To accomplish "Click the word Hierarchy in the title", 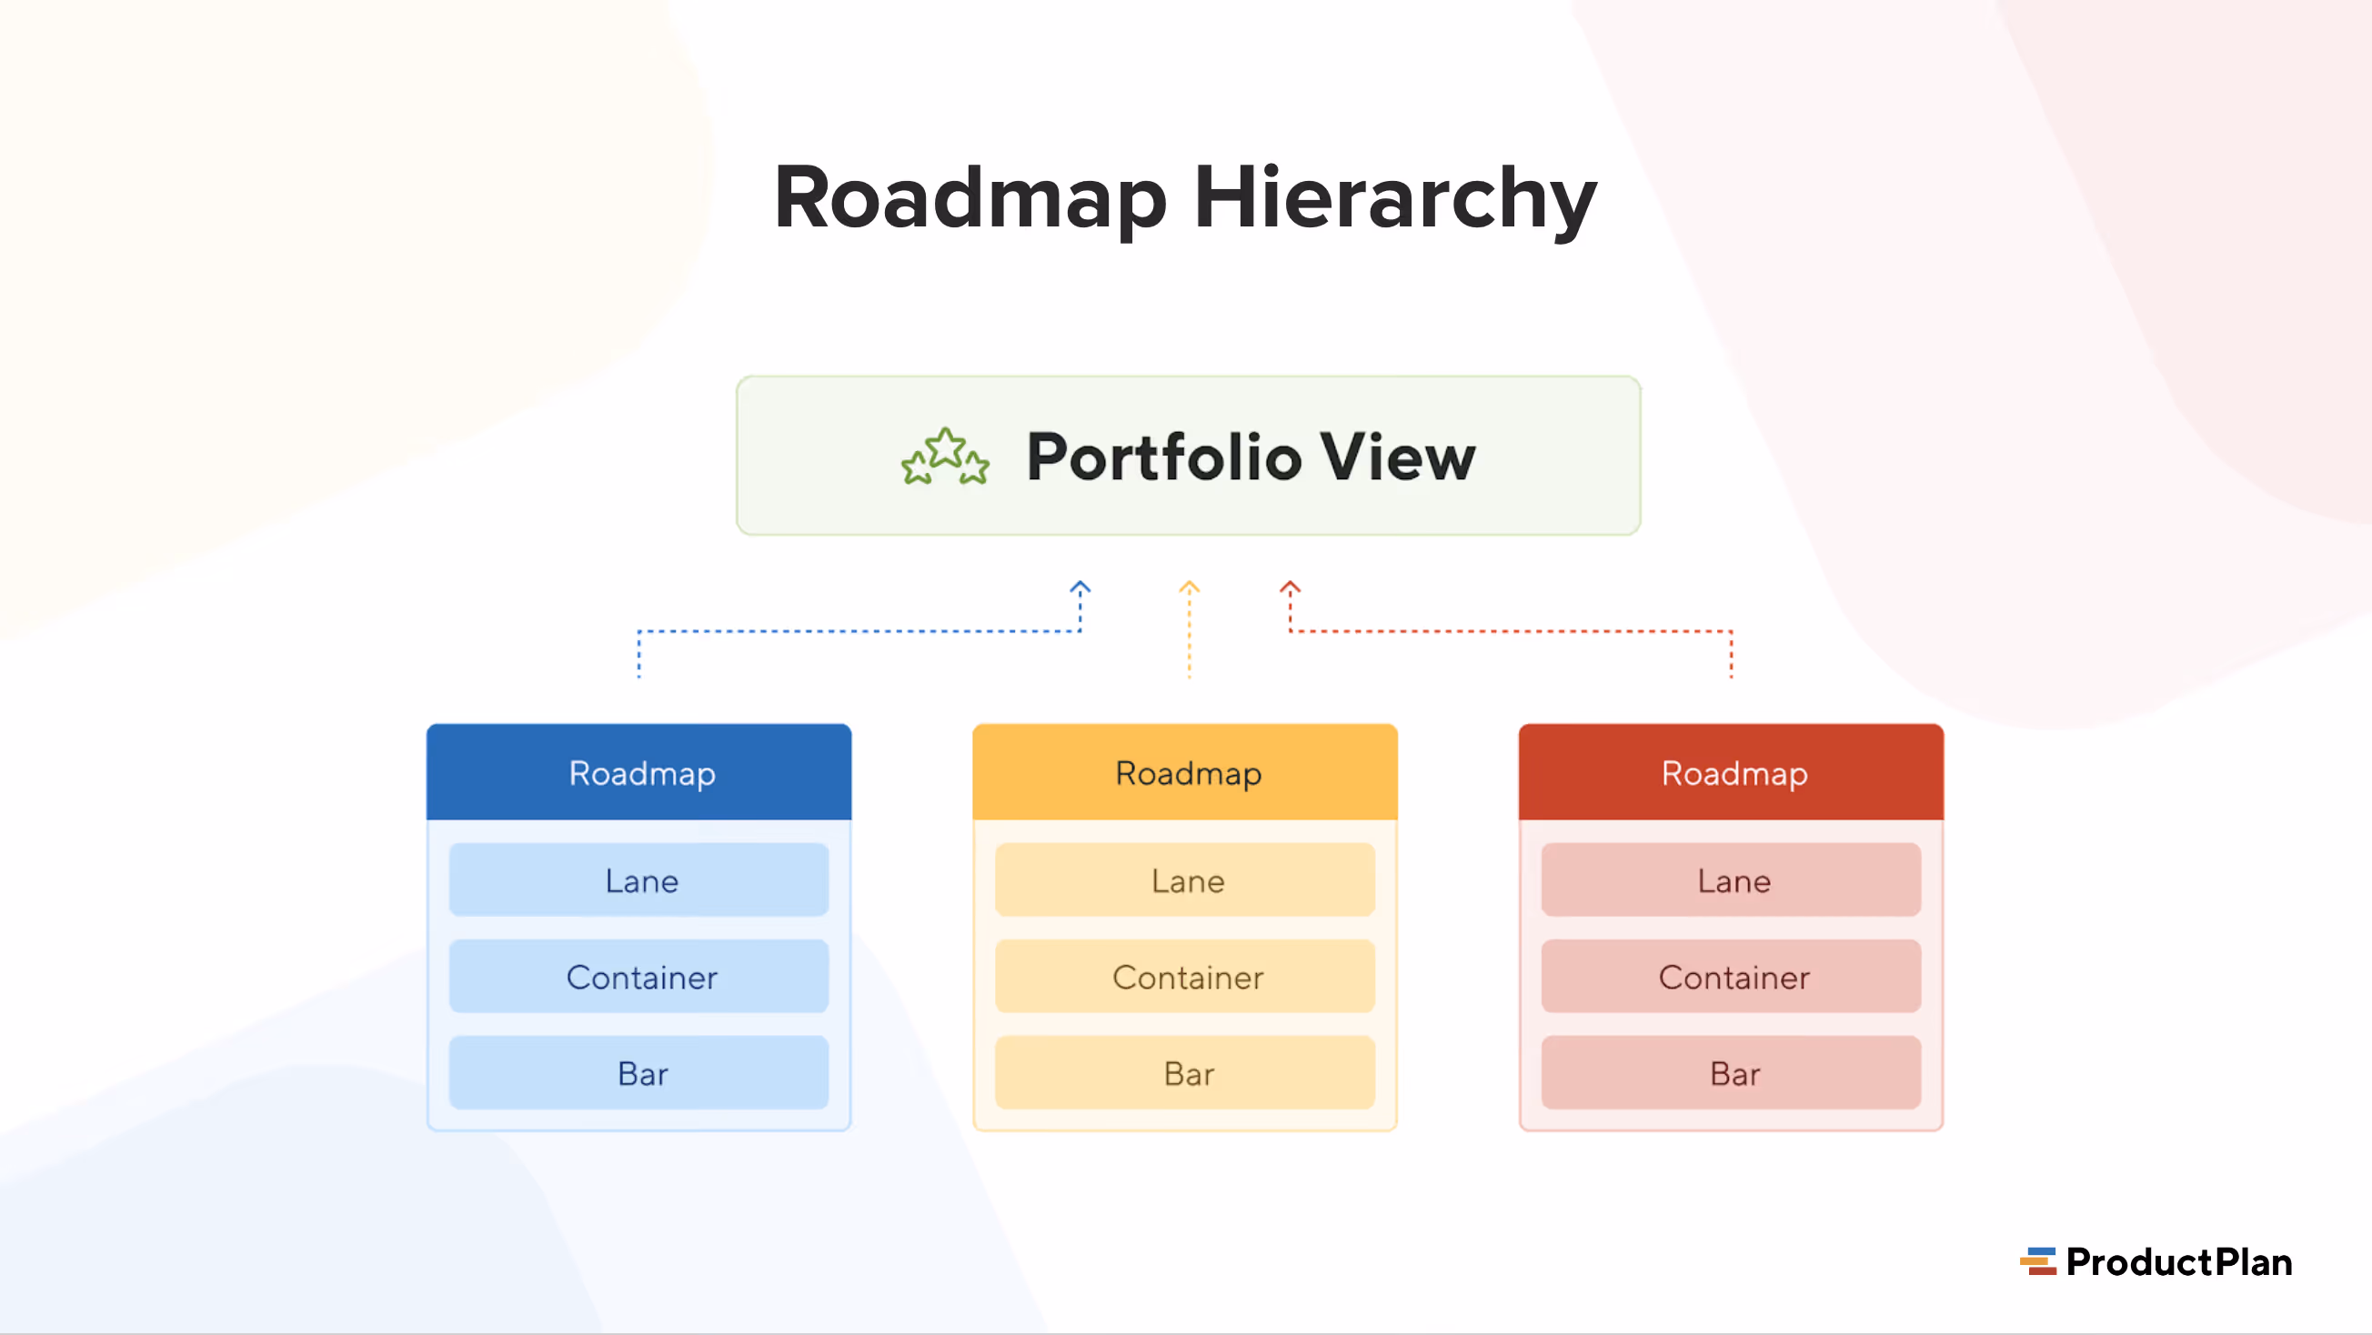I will (1395, 198).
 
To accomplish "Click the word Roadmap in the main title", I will (970, 198).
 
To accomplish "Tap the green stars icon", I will (945, 457).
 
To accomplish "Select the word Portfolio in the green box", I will (1164, 457).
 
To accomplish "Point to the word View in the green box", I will (1397, 457).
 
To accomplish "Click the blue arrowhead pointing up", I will (1080, 587).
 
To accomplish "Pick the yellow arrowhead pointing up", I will (1189, 587).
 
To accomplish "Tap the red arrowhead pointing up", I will (1290, 587).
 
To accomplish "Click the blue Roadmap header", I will (639, 772).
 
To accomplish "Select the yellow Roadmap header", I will (1185, 772).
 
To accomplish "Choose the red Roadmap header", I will (1731, 772).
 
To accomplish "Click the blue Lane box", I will (639, 880).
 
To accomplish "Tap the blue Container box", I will (639, 976).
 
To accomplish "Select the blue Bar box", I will (639, 1072).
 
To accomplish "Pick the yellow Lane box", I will (1185, 880).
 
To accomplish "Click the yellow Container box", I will (1185, 976).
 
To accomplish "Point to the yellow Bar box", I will (1185, 1072).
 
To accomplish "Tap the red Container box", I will (1731, 976).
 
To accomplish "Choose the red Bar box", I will (1731, 1072).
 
